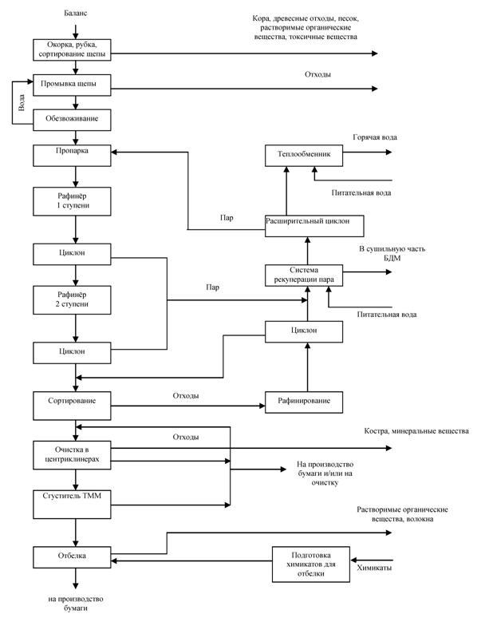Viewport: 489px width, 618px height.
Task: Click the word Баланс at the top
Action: click(x=76, y=14)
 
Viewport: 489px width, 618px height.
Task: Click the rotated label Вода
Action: click(x=23, y=101)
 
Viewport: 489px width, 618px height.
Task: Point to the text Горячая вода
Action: click(x=374, y=137)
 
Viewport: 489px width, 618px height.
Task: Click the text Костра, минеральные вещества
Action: click(x=414, y=431)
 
